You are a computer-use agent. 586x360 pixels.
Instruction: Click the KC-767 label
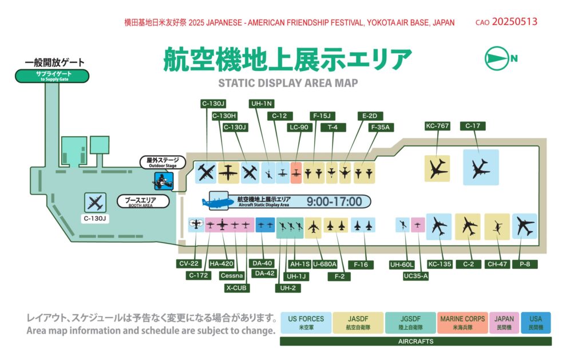(437, 126)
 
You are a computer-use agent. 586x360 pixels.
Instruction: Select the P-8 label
(525, 264)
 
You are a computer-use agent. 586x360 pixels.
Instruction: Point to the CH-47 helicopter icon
(497, 227)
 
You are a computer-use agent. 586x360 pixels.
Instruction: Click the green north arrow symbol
(497, 58)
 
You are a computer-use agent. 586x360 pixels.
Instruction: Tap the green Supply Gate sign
(52, 76)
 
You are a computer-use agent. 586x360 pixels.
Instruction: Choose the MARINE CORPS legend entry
(462, 323)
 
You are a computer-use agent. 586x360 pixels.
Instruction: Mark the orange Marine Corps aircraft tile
(296, 172)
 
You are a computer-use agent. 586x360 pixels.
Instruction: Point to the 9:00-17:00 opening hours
(334, 201)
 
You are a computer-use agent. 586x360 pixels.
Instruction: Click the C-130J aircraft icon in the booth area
(96, 202)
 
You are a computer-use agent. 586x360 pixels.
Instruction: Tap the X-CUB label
(236, 288)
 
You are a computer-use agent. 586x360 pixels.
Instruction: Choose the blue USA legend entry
(536, 323)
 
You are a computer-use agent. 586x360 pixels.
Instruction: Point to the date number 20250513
(514, 22)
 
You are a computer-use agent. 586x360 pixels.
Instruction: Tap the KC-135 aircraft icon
(438, 227)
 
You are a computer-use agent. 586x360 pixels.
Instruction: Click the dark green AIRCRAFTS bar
(415, 341)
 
